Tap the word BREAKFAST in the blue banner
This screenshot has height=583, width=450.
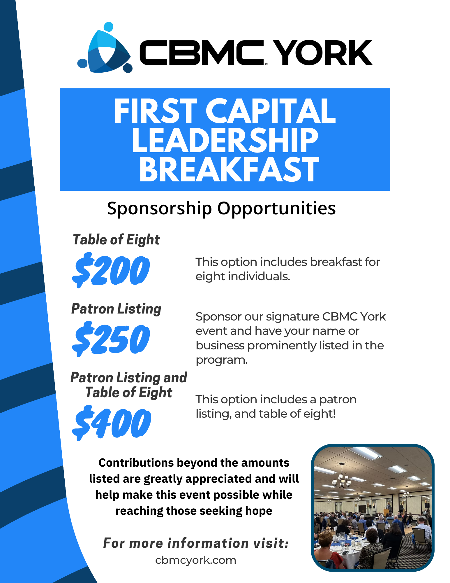coord(229,169)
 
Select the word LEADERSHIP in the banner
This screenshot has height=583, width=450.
coord(225,140)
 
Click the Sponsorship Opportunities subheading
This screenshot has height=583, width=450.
coord(221,208)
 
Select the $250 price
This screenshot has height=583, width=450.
coord(111,339)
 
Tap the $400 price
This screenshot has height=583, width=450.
coord(112,423)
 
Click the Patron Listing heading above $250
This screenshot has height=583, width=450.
coord(116,309)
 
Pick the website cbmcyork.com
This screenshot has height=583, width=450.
coord(196,560)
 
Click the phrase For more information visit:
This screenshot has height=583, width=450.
coord(196,543)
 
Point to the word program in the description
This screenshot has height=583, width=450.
coord(222,360)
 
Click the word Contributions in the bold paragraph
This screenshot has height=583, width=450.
coord(136,463)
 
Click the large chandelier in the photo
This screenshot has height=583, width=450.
coord(342,476)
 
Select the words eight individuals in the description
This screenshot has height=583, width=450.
coord(243,276)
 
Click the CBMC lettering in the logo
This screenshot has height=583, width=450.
coord(202,53)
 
